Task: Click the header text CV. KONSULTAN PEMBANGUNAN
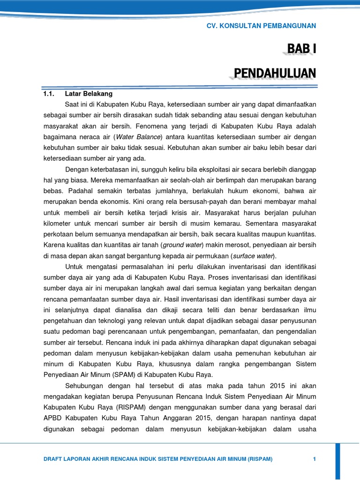pos(261,26)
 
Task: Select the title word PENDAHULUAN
pos(275,73)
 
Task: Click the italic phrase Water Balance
pos(138,136)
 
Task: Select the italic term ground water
pos(179,245)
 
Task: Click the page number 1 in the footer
pos(314,458)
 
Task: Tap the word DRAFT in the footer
pos(53,458)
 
